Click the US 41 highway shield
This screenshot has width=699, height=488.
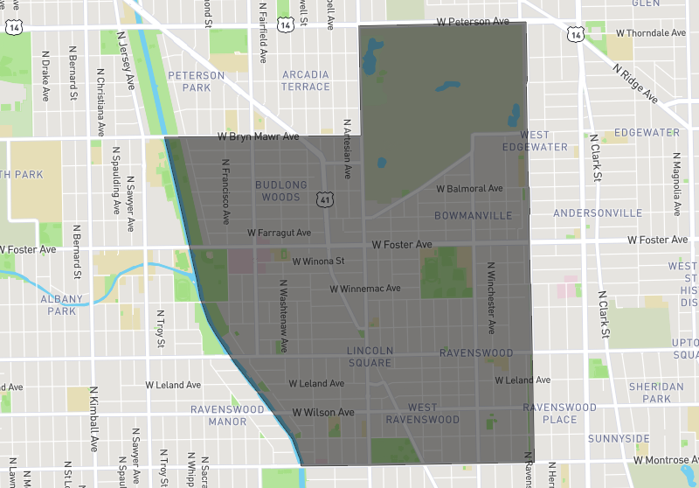click(x=325, y=199)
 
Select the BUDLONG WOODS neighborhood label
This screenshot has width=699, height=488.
click(x=280, y=191)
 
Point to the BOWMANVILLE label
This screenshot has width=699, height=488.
click(x=472, y=215)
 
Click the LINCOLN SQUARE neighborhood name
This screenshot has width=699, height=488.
click(x=370, y=357)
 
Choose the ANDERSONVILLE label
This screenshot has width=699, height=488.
click(x=598, y=213)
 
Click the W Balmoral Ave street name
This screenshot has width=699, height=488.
click(x=469, y=189)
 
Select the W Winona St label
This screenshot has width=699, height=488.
click(x=318, y=261)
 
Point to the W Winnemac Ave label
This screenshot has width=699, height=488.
click(x=364, y=288)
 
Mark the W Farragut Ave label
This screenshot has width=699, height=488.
click(x=279, y=234)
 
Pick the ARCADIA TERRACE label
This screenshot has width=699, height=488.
click(x=306, y=81)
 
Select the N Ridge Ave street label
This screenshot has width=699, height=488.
click(x=635, y=83)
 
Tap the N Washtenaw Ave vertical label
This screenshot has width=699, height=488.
click(x=282, y=315)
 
